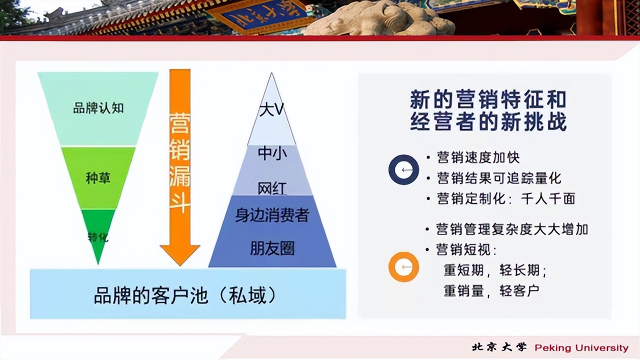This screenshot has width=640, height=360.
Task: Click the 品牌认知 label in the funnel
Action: pos(98,108)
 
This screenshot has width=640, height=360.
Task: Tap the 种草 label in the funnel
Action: pos(98,178)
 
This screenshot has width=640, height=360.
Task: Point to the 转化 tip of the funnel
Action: pos(98,236)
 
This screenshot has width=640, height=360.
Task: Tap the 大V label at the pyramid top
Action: pos(272,109)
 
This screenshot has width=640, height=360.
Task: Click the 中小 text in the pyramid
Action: pos(272,153)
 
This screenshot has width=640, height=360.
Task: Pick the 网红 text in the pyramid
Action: pos(272,188)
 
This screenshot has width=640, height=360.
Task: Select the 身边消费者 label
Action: pos(272,215)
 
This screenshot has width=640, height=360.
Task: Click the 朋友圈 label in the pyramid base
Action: pos(272,248)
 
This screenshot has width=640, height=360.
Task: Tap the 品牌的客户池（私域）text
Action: pos(185,295)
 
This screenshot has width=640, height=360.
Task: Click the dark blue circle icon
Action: pos(403,170)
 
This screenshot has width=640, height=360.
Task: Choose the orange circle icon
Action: pos(403,266)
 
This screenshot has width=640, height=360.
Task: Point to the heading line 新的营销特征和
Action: pos(488,99)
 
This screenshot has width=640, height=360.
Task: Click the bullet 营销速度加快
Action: pos(478,157)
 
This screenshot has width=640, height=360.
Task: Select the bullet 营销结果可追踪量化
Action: pos(499,178)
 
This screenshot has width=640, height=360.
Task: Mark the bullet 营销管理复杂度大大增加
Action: pos(512,229)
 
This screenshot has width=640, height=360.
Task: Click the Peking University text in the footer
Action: pos(581,348)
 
